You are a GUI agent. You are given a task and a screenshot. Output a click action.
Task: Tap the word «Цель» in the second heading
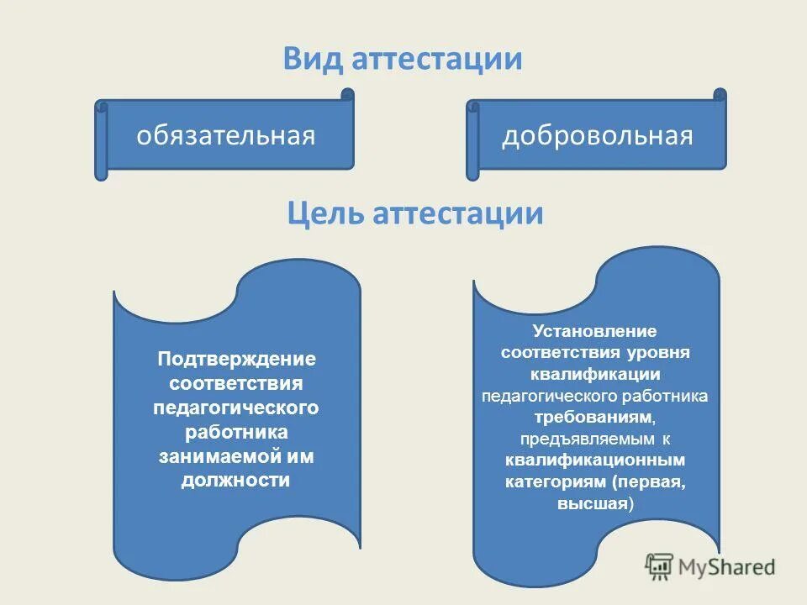click(324, 213)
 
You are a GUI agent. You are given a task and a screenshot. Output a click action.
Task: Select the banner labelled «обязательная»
click(226, 136)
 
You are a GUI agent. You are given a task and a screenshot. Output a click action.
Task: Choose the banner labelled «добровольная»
click(598, 136)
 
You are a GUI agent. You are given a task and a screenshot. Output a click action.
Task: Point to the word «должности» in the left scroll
click(236, 481)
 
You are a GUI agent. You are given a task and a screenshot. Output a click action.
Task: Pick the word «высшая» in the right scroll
click(593, 504)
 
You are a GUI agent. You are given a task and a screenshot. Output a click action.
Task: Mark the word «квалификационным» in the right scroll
click(595, 460)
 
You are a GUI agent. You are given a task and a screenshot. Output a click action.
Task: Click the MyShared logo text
click(727, 566)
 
